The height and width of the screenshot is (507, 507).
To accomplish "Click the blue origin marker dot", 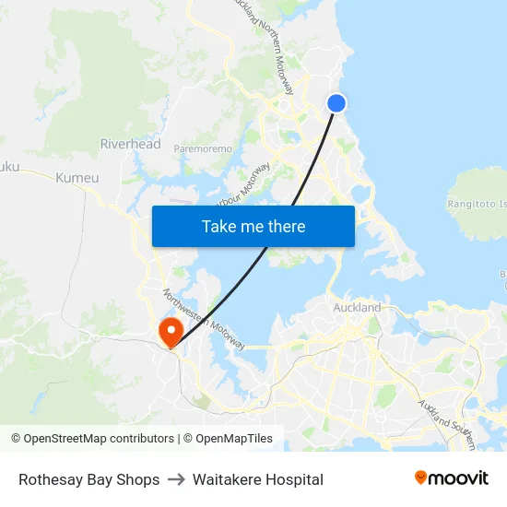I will coord(336,103).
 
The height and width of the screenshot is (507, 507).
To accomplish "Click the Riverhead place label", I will coord(130,144).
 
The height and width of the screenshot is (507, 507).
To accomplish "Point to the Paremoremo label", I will coord(203,148).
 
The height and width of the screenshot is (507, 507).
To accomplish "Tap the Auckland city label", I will coord(358,307).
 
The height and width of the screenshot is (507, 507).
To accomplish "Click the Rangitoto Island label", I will coord(478,203).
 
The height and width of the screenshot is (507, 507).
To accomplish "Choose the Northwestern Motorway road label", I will coord(204,321).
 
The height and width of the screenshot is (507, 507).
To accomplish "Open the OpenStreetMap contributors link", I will coord(99,439).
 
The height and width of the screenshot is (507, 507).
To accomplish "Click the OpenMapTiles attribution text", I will coord(234,439).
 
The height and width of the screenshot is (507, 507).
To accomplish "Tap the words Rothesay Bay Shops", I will coord(89,479).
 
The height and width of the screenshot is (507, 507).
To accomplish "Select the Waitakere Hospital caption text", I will coord(258,479).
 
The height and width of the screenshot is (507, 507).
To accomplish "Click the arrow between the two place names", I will coord(176,479).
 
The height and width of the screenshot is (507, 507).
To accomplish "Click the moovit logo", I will coord(452,478).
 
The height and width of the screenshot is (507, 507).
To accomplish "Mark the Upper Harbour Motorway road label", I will coord(241,185).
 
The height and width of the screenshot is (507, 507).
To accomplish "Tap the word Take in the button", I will coord(219,226).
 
